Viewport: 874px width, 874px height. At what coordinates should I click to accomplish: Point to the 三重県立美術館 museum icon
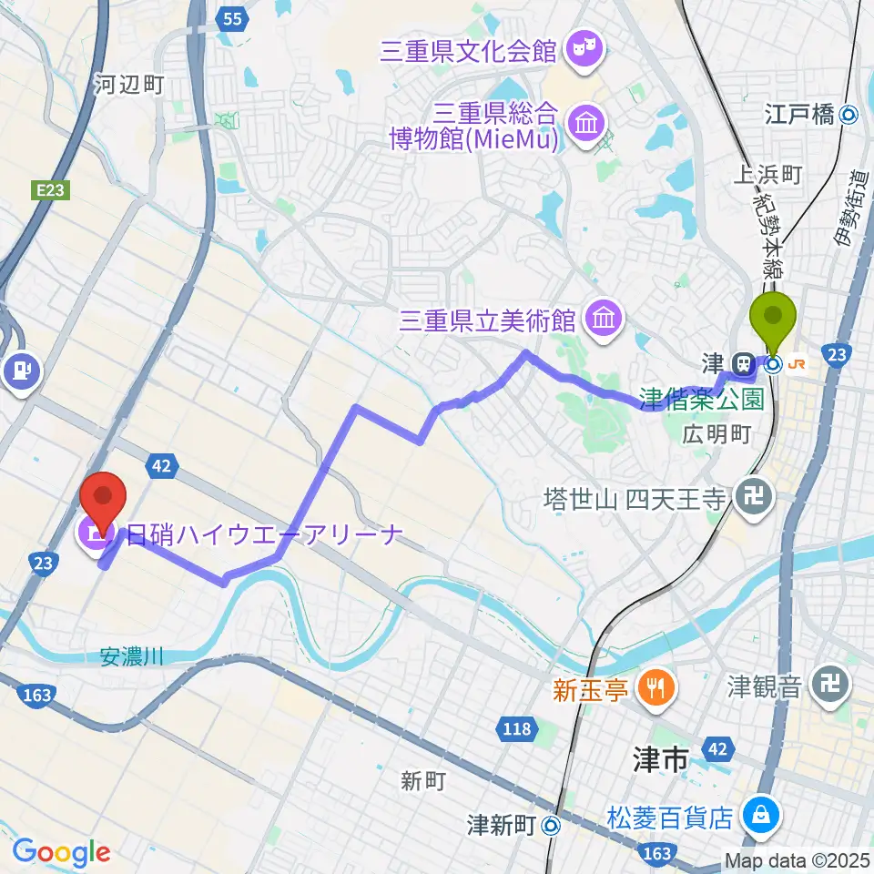pyautogui.click(x=604, y=320)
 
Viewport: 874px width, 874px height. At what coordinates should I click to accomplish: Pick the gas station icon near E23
pyautogui.click(x=19, y=370)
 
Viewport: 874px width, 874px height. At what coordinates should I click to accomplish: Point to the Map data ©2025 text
pyautogui.click(x=797, y=859)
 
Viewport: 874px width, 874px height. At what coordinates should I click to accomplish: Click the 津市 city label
pyautogui.click(x=662, y=761)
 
